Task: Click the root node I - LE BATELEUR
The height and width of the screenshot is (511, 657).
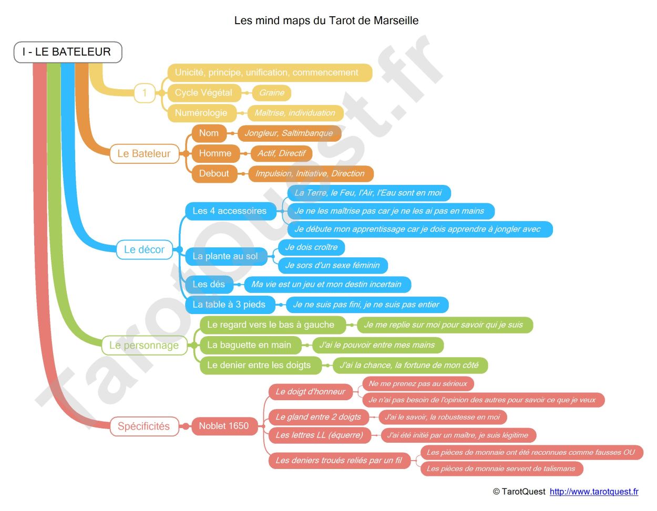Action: click(x=67, y=52)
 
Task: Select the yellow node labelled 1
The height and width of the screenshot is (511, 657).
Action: click(x=145, y=93)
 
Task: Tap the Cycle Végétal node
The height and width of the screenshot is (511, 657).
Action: click(x=203, y=93)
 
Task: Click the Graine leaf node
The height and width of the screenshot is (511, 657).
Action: click(x=272, y=93)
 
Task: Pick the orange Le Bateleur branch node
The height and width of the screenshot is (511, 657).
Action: click(x=144, y=154)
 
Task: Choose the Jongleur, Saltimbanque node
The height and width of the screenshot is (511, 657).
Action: click(x=289, y=133)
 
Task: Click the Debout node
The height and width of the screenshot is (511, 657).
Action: click(x=214, y=174)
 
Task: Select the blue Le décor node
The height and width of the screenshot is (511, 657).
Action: click(x=144, y=250)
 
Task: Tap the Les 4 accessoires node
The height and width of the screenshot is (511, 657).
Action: click(x=230, y=211)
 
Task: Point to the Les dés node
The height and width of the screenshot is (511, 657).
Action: click(x=209, y=285)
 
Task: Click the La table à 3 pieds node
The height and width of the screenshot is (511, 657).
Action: click(x=229, y=305)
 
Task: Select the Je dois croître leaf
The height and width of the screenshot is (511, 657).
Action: click(x=311, y=247)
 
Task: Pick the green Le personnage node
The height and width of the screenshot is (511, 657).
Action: click(x=144, y=346)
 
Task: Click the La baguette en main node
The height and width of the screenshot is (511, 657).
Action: click(x=249, y=345)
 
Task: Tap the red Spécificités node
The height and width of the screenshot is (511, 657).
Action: click(x=143, y=426)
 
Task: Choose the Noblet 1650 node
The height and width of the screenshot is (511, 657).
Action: click(x=223, y=426)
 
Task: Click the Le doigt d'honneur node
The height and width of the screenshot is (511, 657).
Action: click(x=310, y=392)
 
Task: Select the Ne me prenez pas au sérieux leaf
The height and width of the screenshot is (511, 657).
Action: click(x=418, y=384)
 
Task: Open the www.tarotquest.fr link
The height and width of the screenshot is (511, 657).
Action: click(x=594, y=492)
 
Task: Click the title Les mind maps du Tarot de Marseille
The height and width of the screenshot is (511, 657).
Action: click(x=326, y=20)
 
